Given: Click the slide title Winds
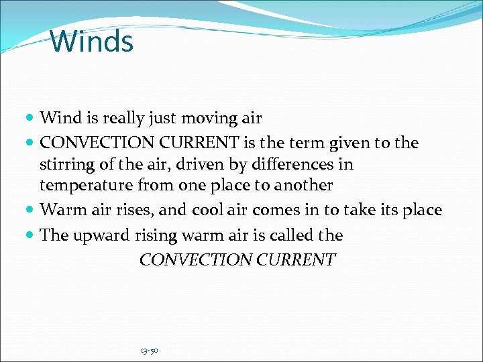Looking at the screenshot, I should coord(92,41).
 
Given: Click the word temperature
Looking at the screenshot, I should coord(87,185).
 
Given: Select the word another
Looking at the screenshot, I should coord(303,185).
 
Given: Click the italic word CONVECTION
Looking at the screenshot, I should coord(195,260).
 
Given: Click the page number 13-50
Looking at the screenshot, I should coord(150,351).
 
